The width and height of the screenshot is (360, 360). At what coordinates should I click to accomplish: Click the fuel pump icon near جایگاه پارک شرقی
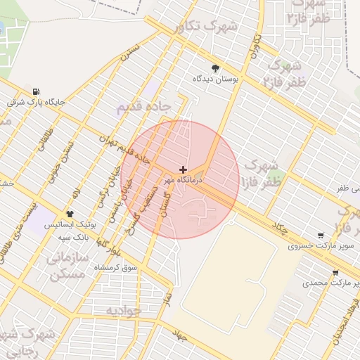click(x=35, y=91)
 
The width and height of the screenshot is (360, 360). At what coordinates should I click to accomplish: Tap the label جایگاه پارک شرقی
click(x=35, y=103)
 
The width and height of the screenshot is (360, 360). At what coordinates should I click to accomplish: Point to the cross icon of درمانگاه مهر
click(x=183, y=170)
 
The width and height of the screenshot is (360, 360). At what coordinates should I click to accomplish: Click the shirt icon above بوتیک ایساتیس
click(x=70, y=214)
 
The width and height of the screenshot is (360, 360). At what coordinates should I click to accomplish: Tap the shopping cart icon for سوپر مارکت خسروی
click(x=321, y=236)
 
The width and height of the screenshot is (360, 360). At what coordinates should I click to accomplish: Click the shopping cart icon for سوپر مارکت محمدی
click(x=335, y=274)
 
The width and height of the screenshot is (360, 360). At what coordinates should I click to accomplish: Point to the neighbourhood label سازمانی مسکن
click(x=67, y=265)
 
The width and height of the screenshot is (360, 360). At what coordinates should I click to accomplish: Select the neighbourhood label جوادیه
click(x=124, y=310)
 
